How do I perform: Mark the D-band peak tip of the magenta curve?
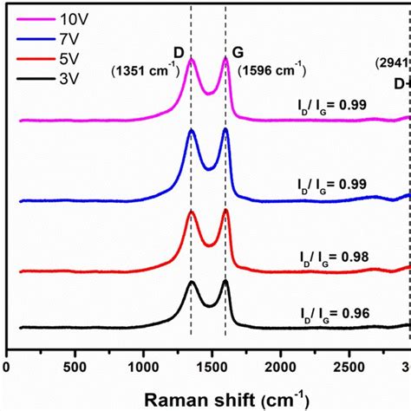192,59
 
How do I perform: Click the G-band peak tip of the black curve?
225,281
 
